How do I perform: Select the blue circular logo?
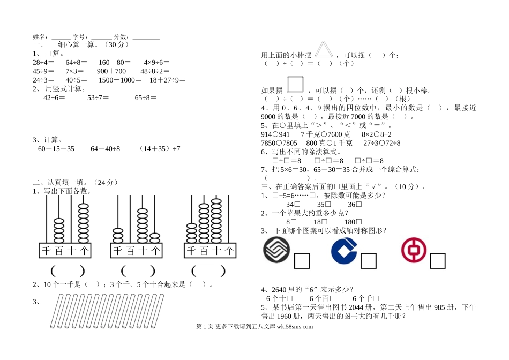click(x=343, y=251)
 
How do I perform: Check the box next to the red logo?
click(x=437, y=261)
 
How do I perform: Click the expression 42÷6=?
click(x=54, y=97)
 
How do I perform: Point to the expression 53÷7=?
click(x=98, y=97)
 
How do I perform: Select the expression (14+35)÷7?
click(x=159, y=148)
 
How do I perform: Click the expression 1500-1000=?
click(x=120, y=80)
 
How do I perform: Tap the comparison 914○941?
click(x=275, y=134)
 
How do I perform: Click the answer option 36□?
click(x=355, y=204)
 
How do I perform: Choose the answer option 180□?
click(x=353, y=221)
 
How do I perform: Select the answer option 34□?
click(x=293, y=204)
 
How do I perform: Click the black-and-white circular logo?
click(x=276, y=251)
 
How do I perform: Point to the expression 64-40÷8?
click(x=106, y=148)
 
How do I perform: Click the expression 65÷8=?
click(x=145, y=97)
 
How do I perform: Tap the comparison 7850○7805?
click(x=279, y=143)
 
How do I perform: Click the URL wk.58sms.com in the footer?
click(x=295, y=327)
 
